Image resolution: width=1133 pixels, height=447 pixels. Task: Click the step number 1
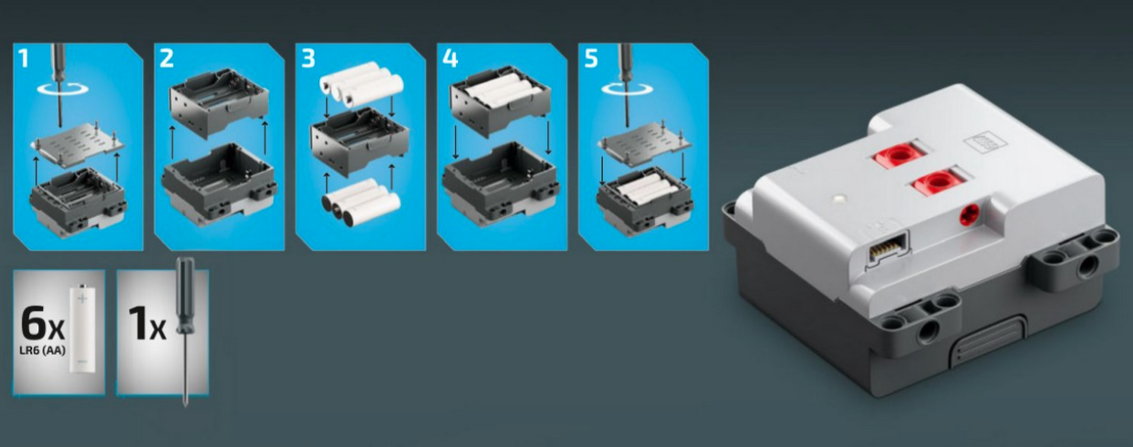[x=24, y=58]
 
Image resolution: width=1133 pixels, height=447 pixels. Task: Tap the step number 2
[x=166, y=58]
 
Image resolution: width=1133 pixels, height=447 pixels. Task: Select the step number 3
[x=308, y=58]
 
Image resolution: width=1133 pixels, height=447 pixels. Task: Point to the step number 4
[x=450, y=58]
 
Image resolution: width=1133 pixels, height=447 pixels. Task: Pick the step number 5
[x=591, y=58]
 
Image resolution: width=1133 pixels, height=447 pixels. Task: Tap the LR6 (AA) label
[x=43, y=350]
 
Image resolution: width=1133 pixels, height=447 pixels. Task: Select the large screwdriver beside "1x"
[x=185, y=331]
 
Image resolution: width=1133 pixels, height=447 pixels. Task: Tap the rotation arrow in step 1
[x=63, y=89]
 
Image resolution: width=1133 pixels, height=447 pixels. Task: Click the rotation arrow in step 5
[x=628, y=89]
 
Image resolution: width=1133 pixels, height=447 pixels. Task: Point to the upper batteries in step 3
[x=361, y=82]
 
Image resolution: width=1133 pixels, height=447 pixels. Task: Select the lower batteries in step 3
[x=361, y=202]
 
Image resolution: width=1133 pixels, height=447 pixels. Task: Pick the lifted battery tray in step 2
[x=219, y=104]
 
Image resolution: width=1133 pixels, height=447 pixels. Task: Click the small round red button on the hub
[x=969, y=216]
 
